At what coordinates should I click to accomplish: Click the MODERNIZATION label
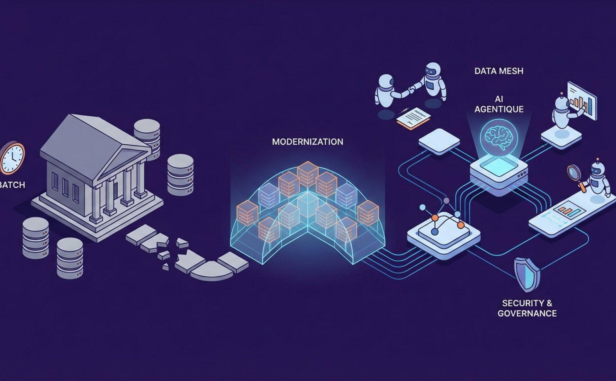307,142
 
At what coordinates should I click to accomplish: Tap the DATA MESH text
499,71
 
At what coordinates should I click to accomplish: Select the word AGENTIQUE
499,109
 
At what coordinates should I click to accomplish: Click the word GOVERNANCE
527,313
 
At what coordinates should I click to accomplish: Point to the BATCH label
12,185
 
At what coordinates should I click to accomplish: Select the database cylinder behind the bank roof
147,133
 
